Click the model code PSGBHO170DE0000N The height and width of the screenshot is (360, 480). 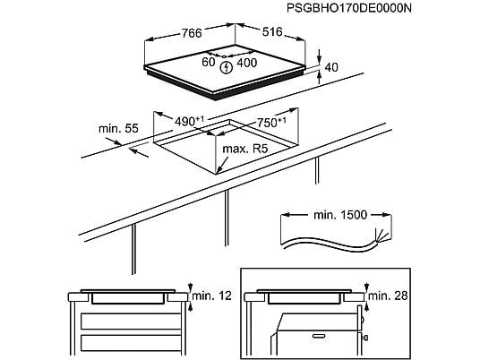point(349,8)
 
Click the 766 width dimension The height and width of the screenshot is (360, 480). point(192,33)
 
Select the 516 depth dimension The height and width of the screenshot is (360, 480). point(272,31)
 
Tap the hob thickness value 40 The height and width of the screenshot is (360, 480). point(331,67)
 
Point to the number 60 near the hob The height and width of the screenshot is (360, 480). point(209,62)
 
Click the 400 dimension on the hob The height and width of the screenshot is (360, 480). point(247,63)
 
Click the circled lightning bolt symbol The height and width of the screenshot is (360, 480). point(227,68)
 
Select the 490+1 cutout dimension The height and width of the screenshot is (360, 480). point(189,121)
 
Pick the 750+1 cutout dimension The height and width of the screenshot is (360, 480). point(271,122)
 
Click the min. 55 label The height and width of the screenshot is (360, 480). point(118,128)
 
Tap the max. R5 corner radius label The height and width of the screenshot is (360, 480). point(244,149)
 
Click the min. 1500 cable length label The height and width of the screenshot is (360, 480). point(340,215)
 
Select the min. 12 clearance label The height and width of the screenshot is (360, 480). point(212,296)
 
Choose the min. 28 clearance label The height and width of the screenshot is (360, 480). point(388,296)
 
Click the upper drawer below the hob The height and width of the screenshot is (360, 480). point(131,321)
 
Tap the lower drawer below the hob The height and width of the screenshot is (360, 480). point(131,343)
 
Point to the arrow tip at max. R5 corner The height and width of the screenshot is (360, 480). point(217,173)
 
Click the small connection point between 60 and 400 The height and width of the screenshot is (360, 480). point(224,56)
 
